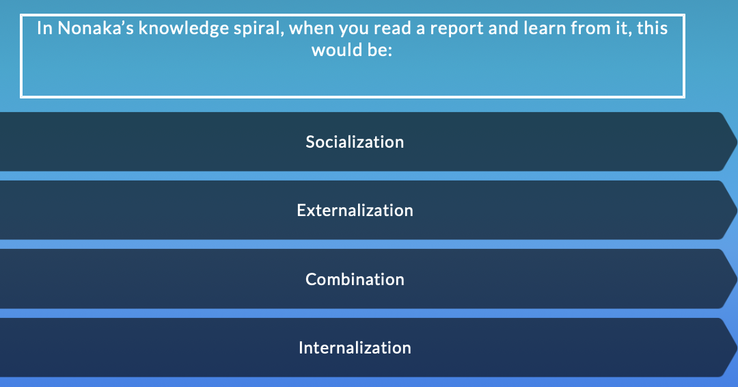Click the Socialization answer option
click(x=355, y=142)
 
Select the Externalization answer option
click(x=355, y=211)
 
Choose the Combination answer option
click(x=355, y=279)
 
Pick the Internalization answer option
click(x=355, y=347)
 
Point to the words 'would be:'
click(x=352, y=51)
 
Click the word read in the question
click(x=354, y=29)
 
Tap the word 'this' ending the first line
click(x=653, y=29)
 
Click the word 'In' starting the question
click(x=44, y=29)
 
